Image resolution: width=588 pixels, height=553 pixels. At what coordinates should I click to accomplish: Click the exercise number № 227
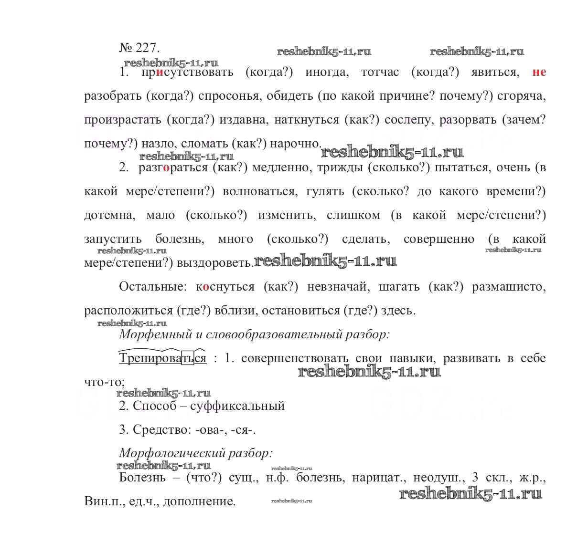coord(139,48)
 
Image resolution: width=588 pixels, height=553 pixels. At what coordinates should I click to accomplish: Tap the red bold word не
coord(539,72)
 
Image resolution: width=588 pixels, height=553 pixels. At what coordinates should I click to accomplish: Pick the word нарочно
coord(296,144)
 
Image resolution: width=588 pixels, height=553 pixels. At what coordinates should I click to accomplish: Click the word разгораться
coord(173,167)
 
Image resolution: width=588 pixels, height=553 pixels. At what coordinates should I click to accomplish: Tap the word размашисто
coord(508,287)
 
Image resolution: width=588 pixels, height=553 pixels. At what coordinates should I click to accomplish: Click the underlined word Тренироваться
coord(162,358)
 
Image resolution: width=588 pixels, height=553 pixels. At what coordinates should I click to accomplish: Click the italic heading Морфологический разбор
coord(196,453)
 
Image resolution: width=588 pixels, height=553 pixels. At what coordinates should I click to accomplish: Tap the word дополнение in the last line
coord(200,501)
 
